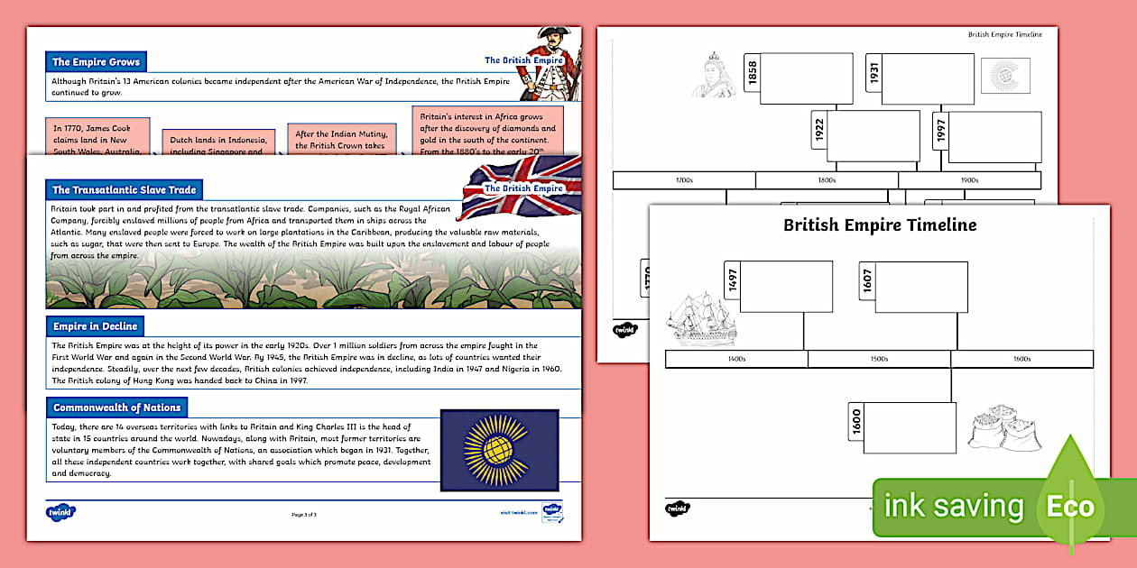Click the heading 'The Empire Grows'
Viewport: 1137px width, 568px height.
coord(96,62)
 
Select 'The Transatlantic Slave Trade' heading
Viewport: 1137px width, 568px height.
coord(124,190)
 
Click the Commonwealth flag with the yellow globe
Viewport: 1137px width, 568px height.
coord(498,451)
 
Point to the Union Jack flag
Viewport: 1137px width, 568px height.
coord(521,187)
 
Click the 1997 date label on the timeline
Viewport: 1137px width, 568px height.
coord(940,132)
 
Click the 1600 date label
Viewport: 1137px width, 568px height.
coord(856,423)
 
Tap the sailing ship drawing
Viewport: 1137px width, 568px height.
coord(701,319)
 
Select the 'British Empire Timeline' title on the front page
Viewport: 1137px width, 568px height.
coord(879,225)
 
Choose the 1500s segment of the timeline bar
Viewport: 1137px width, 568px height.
coord(879,360)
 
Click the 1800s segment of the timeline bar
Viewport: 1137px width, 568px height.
coord(827,180)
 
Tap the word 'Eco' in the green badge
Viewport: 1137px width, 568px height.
coord(1070,506)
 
